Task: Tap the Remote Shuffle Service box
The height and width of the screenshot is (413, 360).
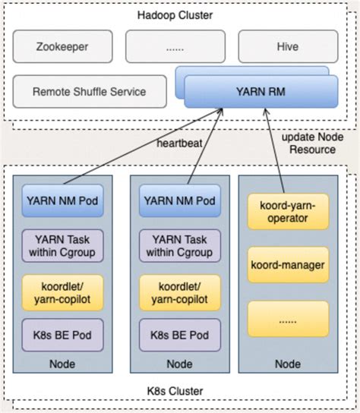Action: (x=89, y=92)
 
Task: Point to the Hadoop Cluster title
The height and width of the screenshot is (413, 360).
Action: (x=175, y=14)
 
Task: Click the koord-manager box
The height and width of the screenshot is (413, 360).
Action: (x=289, y=265)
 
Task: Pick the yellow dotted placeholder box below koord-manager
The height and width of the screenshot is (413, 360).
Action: (x=289, y=320)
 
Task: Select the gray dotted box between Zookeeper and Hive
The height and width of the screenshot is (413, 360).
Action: (x=175, y=46)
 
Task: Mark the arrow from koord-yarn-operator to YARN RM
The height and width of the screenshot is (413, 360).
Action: (x=274, y=152)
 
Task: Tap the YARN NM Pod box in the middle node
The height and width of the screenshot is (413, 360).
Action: (x=179, y=201)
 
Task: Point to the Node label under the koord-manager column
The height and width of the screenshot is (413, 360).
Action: (x=289, y=364)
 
